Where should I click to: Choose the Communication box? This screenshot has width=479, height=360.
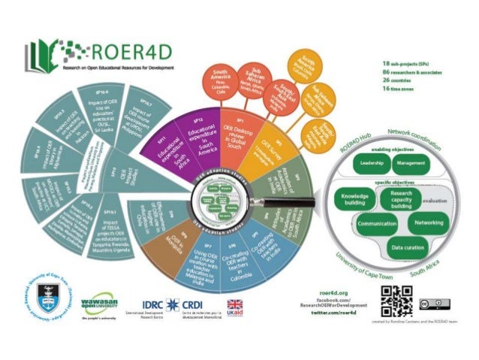tap(377, 224)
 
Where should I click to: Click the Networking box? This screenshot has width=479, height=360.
tap(429, 223)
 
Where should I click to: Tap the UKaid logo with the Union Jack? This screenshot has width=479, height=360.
tap(236, 307)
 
